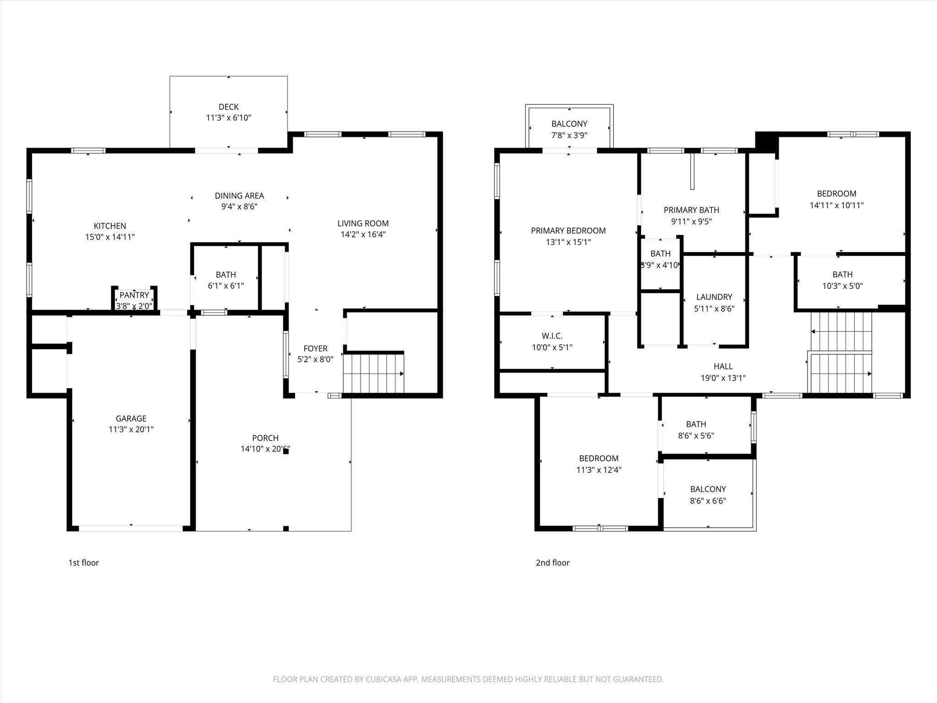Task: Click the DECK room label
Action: tap(228, 107)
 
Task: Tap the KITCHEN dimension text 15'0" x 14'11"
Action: tap(110, 237)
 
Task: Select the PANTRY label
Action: tap(134, 295)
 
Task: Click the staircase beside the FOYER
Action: tap(373, 373)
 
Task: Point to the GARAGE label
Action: tap(131, 418)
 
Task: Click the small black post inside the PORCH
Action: tap(286, 451)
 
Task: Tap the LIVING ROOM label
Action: tap(363, 223)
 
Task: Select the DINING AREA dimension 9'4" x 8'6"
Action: tap(239, 207)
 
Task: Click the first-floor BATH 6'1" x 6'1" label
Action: tap(226, 275)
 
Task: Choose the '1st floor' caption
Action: tap(84, 562)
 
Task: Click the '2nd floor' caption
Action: tap(552, 562)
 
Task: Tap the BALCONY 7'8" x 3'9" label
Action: tap(569, 124)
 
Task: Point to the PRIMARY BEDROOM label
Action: tap(568, 231)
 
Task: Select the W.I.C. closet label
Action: tap(552, 336)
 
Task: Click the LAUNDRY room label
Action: tap(714, 297)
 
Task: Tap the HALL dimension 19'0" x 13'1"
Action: tap(723, 378)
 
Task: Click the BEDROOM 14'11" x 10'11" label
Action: tap(836, 194)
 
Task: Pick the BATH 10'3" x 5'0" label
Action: tap(842, 275)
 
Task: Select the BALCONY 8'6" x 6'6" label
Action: tap(708, 489)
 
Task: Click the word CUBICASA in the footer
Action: tap(383, 679)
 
